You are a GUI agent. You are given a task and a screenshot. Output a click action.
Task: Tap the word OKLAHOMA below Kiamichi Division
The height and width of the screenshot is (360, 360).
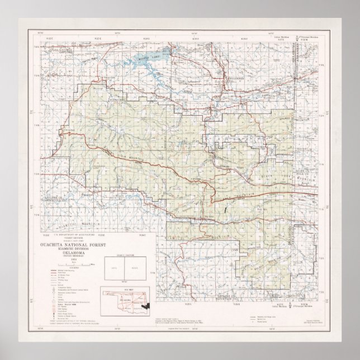pos(73,253)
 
